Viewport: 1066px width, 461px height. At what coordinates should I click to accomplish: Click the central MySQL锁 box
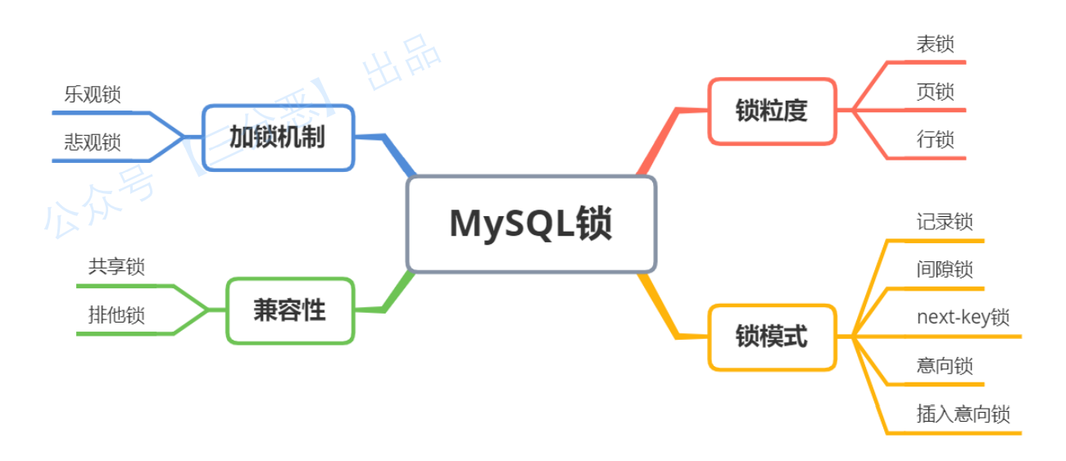pyautogui.click(x=531, y=224)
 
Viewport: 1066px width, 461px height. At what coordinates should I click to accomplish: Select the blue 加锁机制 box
pyautogui.click(x=278, y=138)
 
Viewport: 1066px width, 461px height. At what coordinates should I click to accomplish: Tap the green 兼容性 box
pyautogui.click(x=289, y=310)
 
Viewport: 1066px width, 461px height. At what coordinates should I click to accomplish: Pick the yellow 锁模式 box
pyautogui.click(x=771, y=337)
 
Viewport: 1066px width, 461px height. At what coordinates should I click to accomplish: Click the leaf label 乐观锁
pyautogui.click(x=93, y=95)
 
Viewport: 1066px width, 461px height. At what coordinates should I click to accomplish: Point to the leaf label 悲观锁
pyautogui.click(x=93, y=142)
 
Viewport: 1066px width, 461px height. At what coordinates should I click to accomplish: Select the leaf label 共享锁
pyautogui.click(x=116, y=267)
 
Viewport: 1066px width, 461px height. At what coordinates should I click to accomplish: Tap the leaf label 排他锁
pyautogui.click(x=116, y=315)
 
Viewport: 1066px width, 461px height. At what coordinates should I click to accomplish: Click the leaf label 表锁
pyautogui.click(x=935, y=43)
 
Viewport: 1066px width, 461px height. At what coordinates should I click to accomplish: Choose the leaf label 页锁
pyautogui.click(x=935, y=91)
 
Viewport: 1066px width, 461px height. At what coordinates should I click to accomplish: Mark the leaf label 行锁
pyautogui.click(x=935, y=139)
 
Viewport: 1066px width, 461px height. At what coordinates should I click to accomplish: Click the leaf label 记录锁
pyautogui.click(x=945, y=222)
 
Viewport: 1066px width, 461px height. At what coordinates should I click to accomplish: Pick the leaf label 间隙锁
pyautogui.click(x=945, y=269)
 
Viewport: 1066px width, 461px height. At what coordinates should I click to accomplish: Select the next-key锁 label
pyautogui.click(x=963, y=318)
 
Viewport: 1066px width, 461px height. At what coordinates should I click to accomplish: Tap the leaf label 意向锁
pyautogui.click(x=945, y=365)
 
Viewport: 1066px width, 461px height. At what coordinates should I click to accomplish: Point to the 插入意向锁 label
pyautogui.click(x=963, y=414)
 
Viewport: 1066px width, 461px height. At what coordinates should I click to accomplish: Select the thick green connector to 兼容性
pyautogui.click(x=397, y=292)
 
